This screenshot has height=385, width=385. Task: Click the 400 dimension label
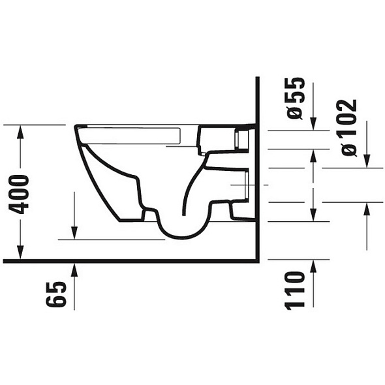click(19, 194)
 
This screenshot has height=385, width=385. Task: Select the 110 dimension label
click(294, 290)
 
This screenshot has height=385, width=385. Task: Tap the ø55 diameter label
click(295, 99)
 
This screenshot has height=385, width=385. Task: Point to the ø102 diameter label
click(349, 128)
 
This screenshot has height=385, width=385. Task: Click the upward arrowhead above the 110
click(313, 266)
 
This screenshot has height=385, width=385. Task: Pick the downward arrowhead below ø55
click(313, 123)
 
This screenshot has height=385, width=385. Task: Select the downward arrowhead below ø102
click(367, 161)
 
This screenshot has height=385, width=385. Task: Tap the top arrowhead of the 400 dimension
click(20, 132)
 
